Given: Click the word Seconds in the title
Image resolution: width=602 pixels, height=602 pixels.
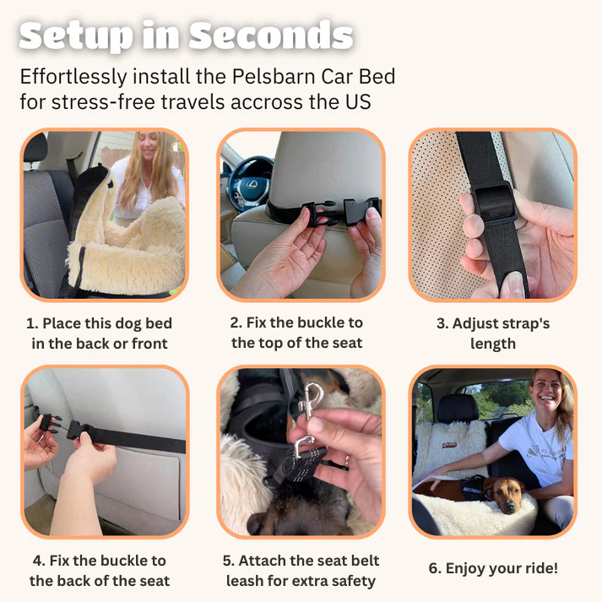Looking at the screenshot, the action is [271, 35].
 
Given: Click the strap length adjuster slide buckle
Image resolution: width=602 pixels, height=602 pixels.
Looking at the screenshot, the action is [494, 203].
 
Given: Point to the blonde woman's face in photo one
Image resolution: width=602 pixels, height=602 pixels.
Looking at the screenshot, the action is [148, 145].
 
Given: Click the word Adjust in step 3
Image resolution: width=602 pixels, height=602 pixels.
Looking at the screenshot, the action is [473, 324].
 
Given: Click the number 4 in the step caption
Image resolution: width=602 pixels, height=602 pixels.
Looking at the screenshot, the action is [38, 561].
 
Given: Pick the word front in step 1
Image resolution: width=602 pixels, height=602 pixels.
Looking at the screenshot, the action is [149, 344].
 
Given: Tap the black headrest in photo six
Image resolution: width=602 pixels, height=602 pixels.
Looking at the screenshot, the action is [458, 408].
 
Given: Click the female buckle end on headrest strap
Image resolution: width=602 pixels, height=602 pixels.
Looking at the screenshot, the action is [361, 211].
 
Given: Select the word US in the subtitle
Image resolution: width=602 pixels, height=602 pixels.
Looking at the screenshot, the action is [358, 102].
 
